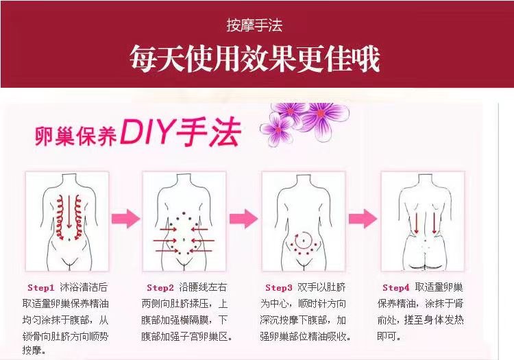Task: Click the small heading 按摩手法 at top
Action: click(254, 26)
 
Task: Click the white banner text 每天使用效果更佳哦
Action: click(254, 59)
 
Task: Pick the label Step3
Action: click(279, 287)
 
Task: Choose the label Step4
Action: click(395, 287)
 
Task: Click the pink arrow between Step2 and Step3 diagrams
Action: click(243, 219)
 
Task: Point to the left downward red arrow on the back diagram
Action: click(415, 223)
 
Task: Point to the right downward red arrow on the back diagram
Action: click(435, 223)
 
